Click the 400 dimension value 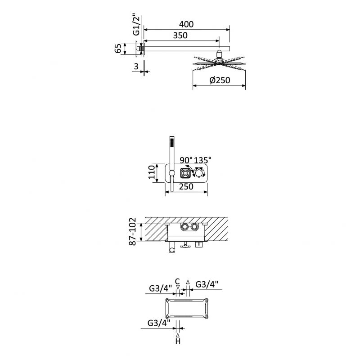(186, 24)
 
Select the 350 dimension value (180, 36)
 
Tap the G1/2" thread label (136, 25)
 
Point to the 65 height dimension (118, 49)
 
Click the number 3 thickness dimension (136, 66)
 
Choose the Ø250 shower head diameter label (220, 80)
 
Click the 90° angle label (186, 160)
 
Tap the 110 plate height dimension (152, 172)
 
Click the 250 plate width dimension (186, 187)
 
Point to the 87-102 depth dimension (132, 232)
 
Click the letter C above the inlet (177, 281)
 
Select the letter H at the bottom (178, 342)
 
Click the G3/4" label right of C (207, 284)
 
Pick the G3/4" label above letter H (159, 323)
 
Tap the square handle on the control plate (185, 173)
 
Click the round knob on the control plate (199, 173)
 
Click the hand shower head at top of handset (172, 142)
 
